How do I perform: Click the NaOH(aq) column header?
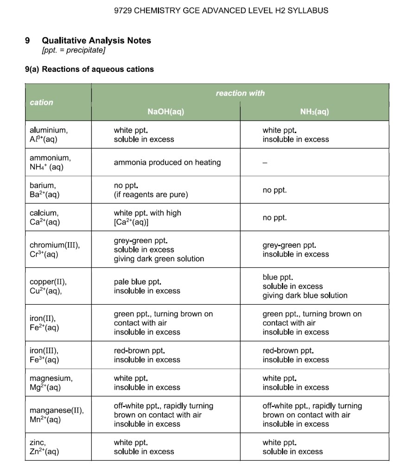[x=166, y=112]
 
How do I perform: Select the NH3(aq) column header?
[x=314, y=112]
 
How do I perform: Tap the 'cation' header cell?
[x=41, y=103]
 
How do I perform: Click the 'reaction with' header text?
[x=240, y=93]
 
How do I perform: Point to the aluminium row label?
[x=46, y=135]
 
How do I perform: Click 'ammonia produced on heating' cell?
[x=167, y=162]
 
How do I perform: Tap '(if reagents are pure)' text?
[x=151, y=195]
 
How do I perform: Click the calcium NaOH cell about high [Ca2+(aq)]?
[x=147, y=218]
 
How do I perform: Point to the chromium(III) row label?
[x=55, y=250]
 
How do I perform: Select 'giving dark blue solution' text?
[x=305, y=295]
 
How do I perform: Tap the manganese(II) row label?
[x=57, y=415]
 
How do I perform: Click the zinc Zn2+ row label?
[x=44, y=447]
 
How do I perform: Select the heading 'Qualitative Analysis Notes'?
[x=96, y=41]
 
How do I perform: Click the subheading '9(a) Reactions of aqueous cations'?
[x=89, y=70]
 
